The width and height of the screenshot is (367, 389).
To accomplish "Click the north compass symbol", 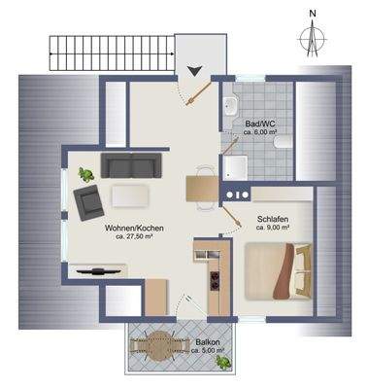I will pos(312,36).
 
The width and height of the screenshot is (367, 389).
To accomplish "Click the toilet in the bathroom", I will pos(283,142).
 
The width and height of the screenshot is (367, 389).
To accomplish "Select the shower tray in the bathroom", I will pos(236,167).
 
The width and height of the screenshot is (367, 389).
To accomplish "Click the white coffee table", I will pos(129,195).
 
